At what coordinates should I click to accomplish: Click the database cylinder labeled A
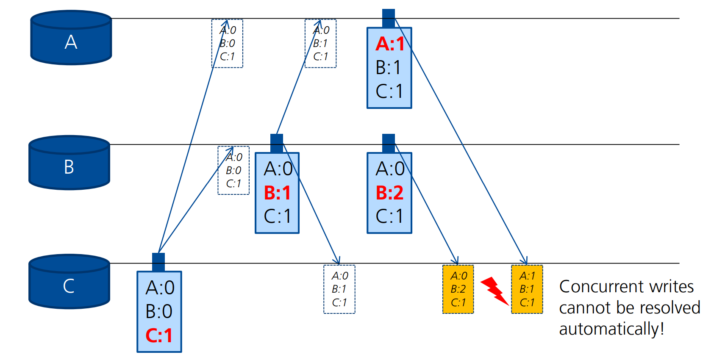71,38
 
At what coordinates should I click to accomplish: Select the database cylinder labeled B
69,163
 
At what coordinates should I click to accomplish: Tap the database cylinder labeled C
69,282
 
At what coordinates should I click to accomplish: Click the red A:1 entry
389,44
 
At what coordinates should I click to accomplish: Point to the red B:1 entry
277,193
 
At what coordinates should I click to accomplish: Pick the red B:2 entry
389,193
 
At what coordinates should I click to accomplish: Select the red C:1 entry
159,335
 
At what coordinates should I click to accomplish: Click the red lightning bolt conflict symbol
494,291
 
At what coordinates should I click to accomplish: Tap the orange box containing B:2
458,289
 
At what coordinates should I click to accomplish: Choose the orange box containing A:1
527,289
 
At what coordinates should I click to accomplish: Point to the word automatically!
611,329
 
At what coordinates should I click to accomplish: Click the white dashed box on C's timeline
339,289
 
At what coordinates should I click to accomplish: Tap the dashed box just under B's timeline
233,170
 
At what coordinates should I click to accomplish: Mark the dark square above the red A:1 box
389,18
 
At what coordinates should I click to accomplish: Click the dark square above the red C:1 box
158,262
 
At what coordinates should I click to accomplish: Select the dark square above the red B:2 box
389,143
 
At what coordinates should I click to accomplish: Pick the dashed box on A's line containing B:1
320,43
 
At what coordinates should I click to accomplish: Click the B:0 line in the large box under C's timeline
159,312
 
